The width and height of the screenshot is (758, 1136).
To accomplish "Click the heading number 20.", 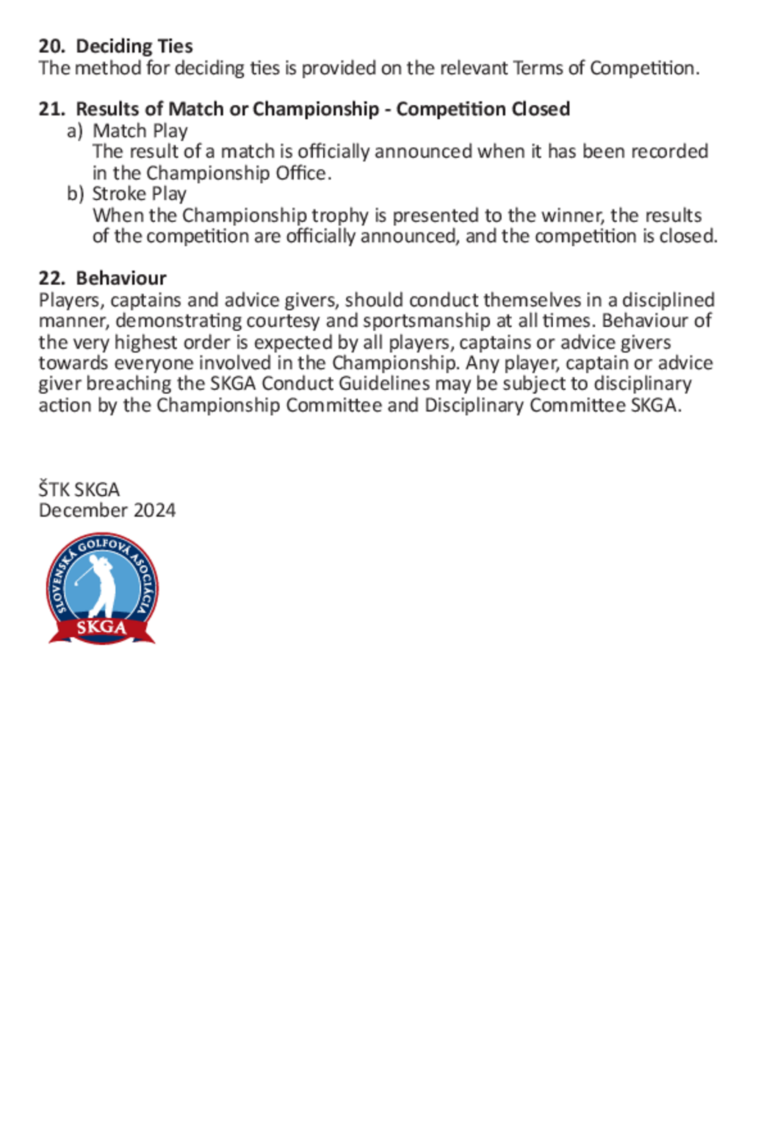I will [x=51, y=46].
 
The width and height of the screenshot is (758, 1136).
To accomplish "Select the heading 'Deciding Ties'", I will [x=135, y=46].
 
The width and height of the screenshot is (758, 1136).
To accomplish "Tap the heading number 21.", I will [x=51, y=109].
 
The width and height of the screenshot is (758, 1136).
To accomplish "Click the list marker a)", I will [x=74, y=131].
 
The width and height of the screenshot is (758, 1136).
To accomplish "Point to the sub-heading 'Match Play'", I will [x=140, y=131].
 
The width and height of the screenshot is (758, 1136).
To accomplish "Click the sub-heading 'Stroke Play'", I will [x=139, y=194].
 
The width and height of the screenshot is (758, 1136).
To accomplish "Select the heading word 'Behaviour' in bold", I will [x=121, y=279].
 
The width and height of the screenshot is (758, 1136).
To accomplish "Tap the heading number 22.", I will [x=51, y=279].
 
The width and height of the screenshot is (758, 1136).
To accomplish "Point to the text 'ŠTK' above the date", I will [x=54, y=490].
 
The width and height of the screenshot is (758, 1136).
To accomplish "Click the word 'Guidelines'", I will [x=384, y=384].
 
